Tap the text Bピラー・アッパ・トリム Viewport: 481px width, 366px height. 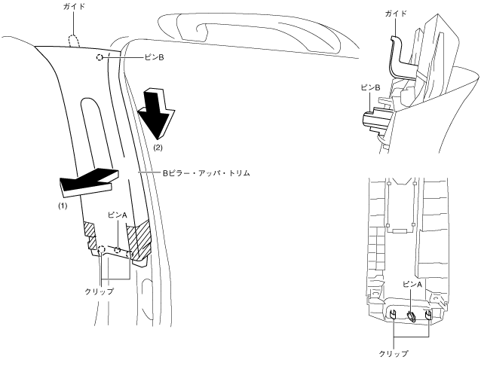coord(206,172)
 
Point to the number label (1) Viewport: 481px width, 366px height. coord(63,205)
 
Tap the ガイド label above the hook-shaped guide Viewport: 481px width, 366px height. coord(397,14)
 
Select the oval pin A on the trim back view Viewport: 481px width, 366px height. coord(412,316)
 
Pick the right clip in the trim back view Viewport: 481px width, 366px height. coord(428,316)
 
